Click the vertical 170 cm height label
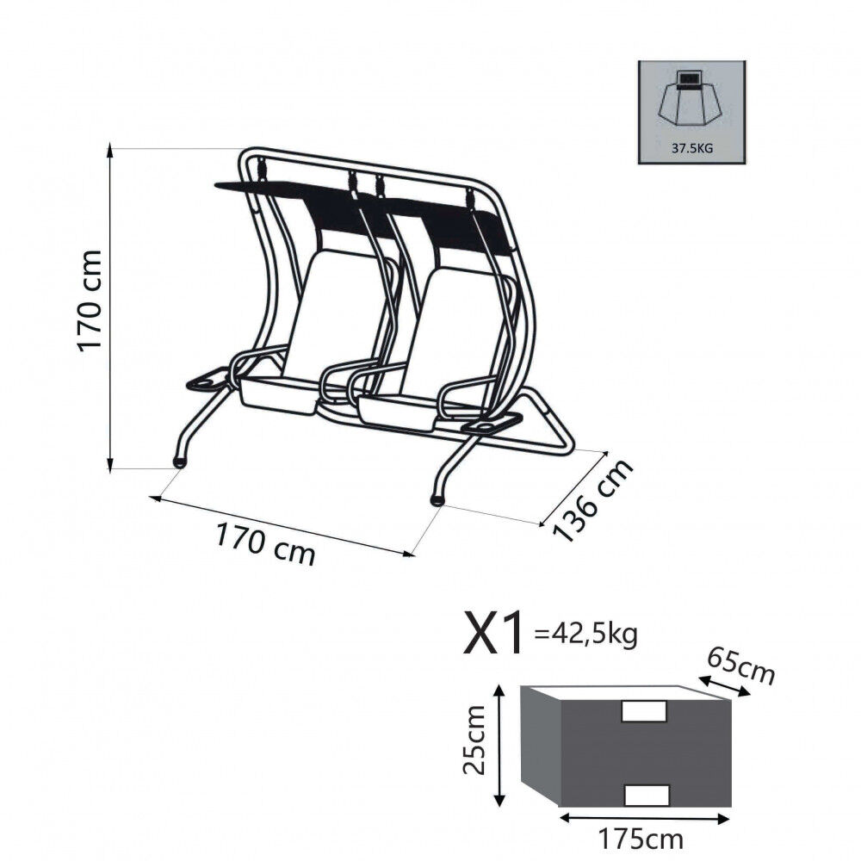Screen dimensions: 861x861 [x=90, y=300]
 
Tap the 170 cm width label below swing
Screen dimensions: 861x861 [x=266, y=544]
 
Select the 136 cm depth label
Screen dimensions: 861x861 [x=592, y=500]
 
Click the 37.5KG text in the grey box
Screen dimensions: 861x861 [x=692, y=148]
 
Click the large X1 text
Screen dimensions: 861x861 [x=492, y=635]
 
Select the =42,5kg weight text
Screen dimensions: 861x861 [x=585, y=635]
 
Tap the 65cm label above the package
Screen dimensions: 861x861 [x=740, y=666]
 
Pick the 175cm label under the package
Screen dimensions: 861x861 [x=641, y=839]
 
